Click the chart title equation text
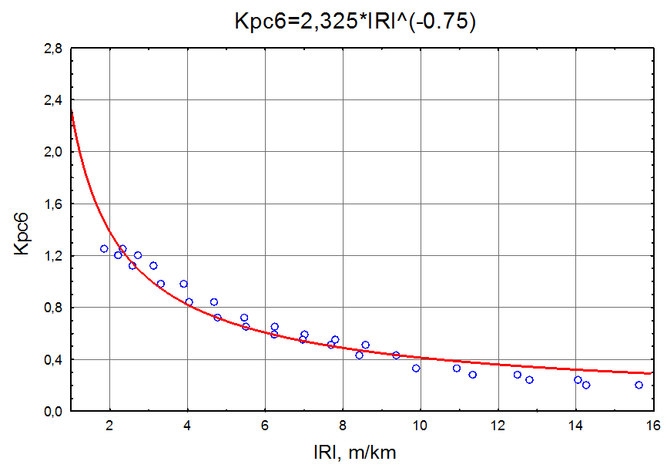(x=355, y=22)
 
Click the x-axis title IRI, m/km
(x=355, y=451)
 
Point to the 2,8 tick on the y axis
(x=52, y=49)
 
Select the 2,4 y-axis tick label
(x=52, y=100)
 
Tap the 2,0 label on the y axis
(x=52, y=152)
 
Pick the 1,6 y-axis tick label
(x=52, y=204)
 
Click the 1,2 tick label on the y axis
(x=52, y=256)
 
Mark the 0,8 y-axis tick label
(x=52, y=308)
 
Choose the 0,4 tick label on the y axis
(x=52, y=360)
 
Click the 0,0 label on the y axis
(x=52, y=412)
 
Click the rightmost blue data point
(x=639, y=385)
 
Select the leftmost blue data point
(x=104, y=249)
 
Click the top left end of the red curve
(x=72, y=113)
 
